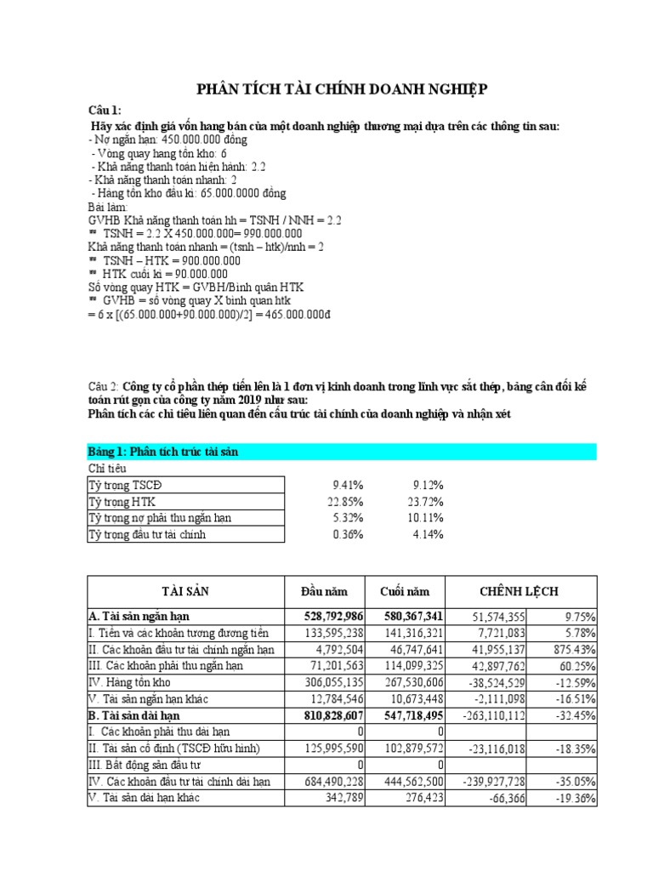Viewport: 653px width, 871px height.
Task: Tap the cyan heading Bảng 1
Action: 162,452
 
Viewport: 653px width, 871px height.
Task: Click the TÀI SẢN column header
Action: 185,591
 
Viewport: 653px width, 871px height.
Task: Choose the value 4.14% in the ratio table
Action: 426,534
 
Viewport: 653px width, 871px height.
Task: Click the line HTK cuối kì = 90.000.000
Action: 158,273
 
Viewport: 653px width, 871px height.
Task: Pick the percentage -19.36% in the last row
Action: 574,800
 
